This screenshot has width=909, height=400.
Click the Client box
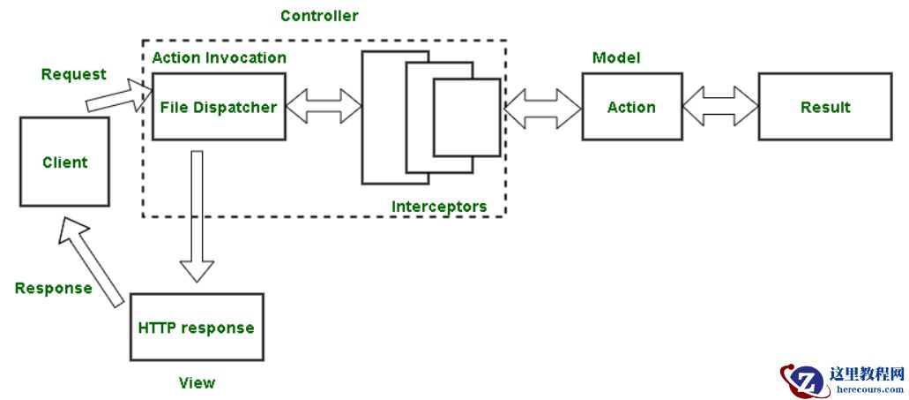[65, 162]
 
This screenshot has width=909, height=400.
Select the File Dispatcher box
[219, 108]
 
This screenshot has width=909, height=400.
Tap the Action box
[631, 108]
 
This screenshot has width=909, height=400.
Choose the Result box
[825, 108]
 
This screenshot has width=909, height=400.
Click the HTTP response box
[196, 328]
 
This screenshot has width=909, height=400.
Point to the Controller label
[319, 16]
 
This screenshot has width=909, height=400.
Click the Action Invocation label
[219, 57]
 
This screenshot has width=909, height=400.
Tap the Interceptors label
[439, 207]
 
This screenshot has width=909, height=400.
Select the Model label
[616, 57]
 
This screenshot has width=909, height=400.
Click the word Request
[74, 74]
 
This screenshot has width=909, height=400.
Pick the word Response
[54, 288]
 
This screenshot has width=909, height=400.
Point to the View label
[197, 382]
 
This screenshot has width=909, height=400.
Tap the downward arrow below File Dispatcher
[197, 216]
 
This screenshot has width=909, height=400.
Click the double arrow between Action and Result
[720, 107]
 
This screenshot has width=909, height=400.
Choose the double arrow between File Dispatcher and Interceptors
[324, 108]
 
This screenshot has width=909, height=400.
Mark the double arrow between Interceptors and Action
[542, 108]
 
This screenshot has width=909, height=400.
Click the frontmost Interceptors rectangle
[466, 117]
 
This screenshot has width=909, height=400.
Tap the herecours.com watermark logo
[842, 381]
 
